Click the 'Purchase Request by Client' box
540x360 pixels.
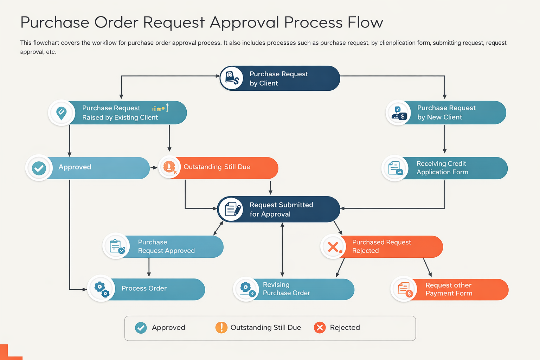click(x=280, y=78)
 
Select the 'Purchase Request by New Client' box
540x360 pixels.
click(x=446, y=112)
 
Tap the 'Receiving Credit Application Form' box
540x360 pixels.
click(x=445, y=168)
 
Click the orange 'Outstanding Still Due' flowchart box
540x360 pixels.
click(x=218, y=167)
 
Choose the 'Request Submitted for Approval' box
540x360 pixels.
click(x=278, y=209)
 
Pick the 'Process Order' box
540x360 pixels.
click(x=146, y=289)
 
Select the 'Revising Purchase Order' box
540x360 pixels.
click(x=294, y=289)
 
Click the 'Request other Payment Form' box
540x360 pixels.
click(x=450, y=289)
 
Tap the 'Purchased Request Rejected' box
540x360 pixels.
click(x=382, y=246)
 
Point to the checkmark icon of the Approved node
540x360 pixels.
click(x=39, y=168)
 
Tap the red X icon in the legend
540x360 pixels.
click(x=320, y=328)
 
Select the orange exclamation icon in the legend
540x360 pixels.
click(x=221, y=328)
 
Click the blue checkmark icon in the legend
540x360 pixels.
click(x=141, y=328)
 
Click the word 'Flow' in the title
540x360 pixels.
click(x=365, y=22)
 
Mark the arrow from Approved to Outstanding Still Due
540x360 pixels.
click(x=154, y=168)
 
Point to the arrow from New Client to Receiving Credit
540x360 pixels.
click(x=445, y=139)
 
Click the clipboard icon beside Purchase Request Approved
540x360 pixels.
click(x=116, y=246)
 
